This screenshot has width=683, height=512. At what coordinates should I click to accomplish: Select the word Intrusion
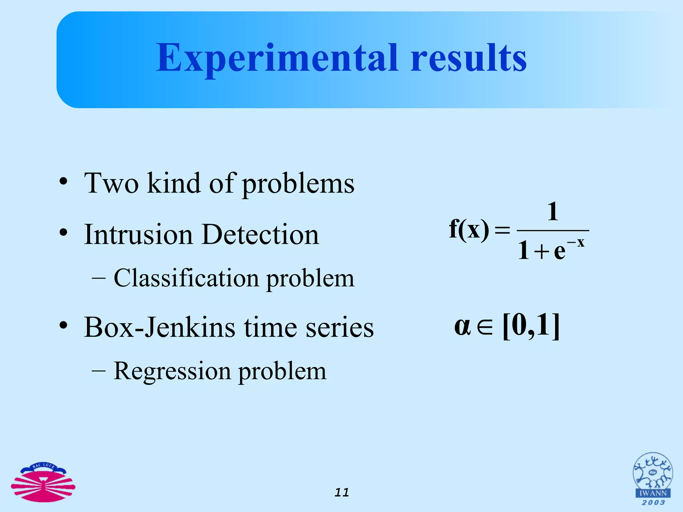click(138, 235)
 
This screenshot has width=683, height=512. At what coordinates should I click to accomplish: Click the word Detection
click(260, 235)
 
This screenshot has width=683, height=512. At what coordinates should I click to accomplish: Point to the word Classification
click(186, 278)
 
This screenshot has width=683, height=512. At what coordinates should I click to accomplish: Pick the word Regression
click(172, 371)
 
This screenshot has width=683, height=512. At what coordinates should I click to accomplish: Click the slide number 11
click(341, 492)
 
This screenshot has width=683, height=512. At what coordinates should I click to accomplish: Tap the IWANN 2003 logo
click(653, 479)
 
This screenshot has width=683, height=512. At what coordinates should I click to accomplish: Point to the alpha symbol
click(463, 326)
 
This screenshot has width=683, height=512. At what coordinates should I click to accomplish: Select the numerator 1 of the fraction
click(553, 212)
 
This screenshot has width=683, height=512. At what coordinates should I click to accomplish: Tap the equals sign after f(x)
click(502, 230)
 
